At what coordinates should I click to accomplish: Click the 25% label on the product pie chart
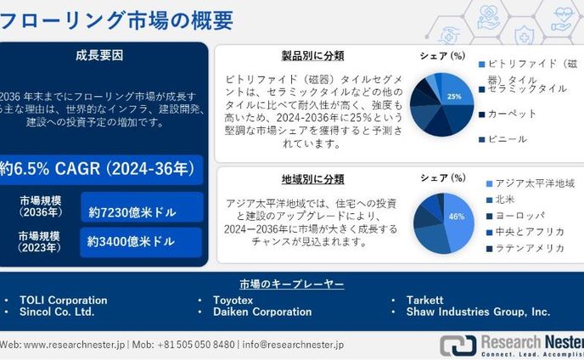coord(454,97)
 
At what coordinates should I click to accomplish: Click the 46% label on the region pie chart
coord(457,217)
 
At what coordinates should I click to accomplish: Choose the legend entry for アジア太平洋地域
coord(536,183)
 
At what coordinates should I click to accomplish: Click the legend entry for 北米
coord(507,200)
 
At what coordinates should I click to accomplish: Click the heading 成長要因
coord(99,56)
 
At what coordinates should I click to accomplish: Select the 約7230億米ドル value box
coord(142,209)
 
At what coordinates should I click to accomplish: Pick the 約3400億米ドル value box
coord(142,242)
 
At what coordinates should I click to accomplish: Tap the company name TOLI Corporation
coord(64,300)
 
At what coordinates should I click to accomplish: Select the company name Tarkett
coord(424,300)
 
